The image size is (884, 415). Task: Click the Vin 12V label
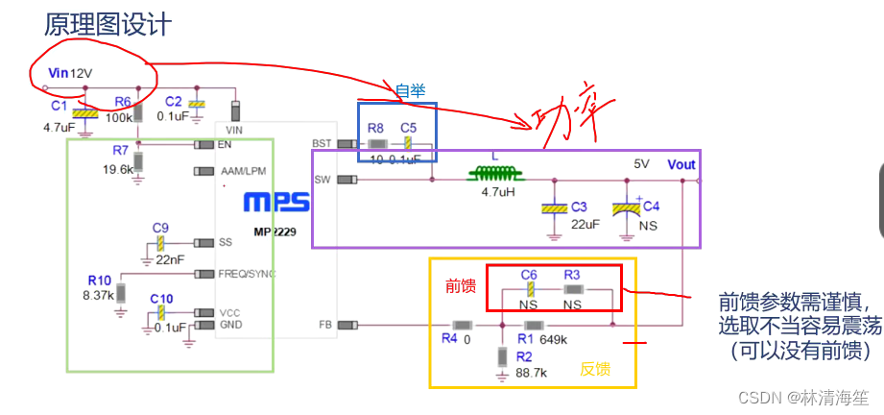72,73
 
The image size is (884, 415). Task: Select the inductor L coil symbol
493,176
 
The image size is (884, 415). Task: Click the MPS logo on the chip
276,203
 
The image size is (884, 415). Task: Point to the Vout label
681,163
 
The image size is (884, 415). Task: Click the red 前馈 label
460,285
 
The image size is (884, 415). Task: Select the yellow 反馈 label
595,369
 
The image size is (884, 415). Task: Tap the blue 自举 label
410,90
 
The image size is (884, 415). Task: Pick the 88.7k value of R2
531,372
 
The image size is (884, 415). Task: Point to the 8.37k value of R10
99,296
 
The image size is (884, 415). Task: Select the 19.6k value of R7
118,169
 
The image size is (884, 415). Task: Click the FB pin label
325,325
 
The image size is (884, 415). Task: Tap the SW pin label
323,179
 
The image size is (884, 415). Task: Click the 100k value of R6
119,117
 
